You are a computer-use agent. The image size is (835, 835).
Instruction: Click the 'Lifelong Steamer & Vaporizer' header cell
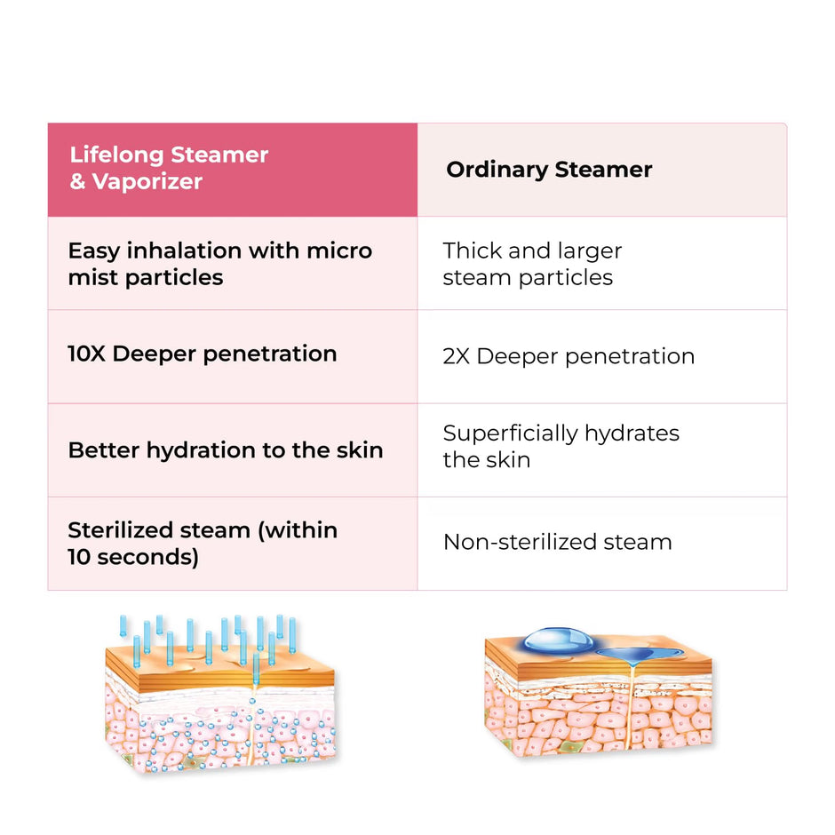click(233, 170)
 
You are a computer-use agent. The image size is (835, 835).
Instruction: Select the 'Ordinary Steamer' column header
click(602, 170)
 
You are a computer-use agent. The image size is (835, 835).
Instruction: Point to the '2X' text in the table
click(457, 356)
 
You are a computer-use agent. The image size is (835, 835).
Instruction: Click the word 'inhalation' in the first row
click(184, 250)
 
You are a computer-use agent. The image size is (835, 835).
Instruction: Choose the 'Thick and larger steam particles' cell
click(602, 264)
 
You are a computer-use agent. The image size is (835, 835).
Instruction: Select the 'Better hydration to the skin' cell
click(233, 450)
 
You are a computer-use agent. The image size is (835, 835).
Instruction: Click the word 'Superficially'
click(510, 434)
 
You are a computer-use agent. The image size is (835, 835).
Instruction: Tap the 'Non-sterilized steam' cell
click(602, 543)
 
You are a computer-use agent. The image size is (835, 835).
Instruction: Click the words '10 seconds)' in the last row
click(133, 557)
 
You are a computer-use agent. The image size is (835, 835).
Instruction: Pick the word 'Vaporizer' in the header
click(147, 182)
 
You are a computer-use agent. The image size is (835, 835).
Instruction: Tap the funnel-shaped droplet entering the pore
click(633, 656)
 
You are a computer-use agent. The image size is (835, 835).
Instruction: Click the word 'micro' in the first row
click(339, 250)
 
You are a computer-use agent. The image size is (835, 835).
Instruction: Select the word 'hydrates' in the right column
click(632, 434)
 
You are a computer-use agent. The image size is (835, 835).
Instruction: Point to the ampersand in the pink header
click(78, 181)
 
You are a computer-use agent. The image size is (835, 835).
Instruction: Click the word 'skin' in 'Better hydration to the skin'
click(360, 450)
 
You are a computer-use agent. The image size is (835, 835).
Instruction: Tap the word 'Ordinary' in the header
click(497, 171)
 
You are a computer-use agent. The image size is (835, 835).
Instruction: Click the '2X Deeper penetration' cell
click(602, 357)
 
